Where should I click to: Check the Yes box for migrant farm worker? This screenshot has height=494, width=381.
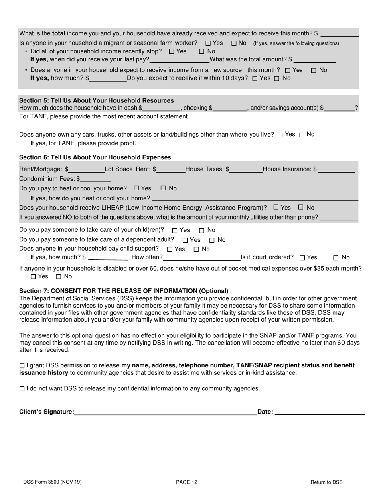[208, 43]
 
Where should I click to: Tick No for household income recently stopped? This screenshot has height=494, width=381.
[201, 51]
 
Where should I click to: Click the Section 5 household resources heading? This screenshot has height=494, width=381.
[97, 100]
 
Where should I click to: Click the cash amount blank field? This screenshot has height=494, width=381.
[161, 108]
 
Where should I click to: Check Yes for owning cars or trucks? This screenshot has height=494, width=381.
[280, 135]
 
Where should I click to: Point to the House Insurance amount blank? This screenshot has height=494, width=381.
[336, 169]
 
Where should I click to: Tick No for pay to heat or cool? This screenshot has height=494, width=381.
[163, 188]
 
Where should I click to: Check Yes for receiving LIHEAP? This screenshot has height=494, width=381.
[276, 208]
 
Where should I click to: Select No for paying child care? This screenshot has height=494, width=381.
[202, 231]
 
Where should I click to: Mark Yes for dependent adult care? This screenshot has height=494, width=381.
[185, 240]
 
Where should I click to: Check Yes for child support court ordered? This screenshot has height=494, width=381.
[302, 258]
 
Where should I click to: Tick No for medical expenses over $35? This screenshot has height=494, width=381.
[59, 277]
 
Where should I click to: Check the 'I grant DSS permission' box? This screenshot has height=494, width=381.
[22, 366]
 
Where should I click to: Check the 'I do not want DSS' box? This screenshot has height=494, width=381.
[22, 389]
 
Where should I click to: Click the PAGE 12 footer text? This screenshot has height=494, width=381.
[186, 482]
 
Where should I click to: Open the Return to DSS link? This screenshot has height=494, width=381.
[326, 482]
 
